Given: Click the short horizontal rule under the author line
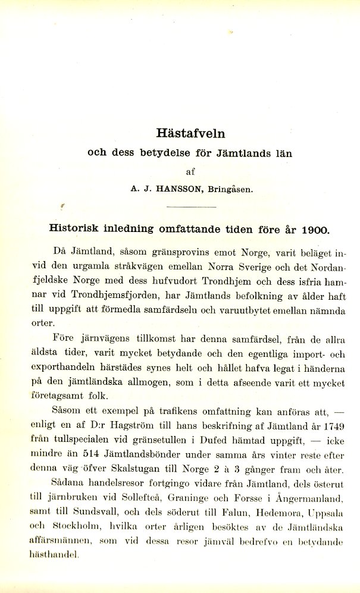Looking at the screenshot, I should [x=191, y=206].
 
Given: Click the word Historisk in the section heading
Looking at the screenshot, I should [x=74, y=229].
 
